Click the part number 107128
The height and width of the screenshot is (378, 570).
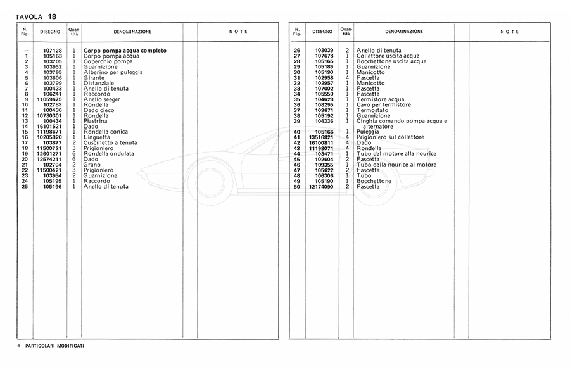[53, 50]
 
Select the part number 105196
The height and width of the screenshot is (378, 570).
[53, 187]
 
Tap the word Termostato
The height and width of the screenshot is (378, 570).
[374, 110]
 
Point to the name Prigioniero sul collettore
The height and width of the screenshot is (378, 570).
[390, 137]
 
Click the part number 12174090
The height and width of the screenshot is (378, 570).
[321, 187]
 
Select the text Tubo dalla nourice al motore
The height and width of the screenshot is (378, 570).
[396, 165]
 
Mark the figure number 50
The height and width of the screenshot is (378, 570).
[296, 187]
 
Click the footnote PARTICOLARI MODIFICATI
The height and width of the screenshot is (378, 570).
[55, 346]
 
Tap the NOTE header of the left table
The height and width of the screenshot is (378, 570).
[238, 32]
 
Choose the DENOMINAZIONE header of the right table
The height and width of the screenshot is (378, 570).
[403, 32]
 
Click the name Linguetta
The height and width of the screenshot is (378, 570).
[97, 137]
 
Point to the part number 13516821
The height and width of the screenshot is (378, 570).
[321, 137]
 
